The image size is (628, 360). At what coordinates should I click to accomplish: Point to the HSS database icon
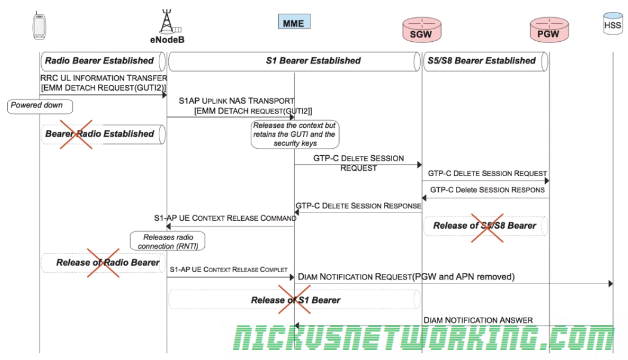pos(612,24)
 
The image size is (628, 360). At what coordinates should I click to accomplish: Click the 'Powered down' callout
pos(39,106)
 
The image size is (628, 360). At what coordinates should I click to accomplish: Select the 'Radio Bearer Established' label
pos(100,61)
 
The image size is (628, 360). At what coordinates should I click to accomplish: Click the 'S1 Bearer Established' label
pos(313,61)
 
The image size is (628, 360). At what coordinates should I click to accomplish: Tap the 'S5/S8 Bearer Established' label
pos(481,61)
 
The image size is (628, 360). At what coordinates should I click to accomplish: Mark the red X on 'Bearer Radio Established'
pos(76,133)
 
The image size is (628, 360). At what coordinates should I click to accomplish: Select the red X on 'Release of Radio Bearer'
pos(104,263)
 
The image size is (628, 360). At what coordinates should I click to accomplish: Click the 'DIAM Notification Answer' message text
pos(478,321)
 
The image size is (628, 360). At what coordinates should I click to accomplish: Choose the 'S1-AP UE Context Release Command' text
pos(225,218)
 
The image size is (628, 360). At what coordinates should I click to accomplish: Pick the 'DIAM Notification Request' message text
pos(406,277)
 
